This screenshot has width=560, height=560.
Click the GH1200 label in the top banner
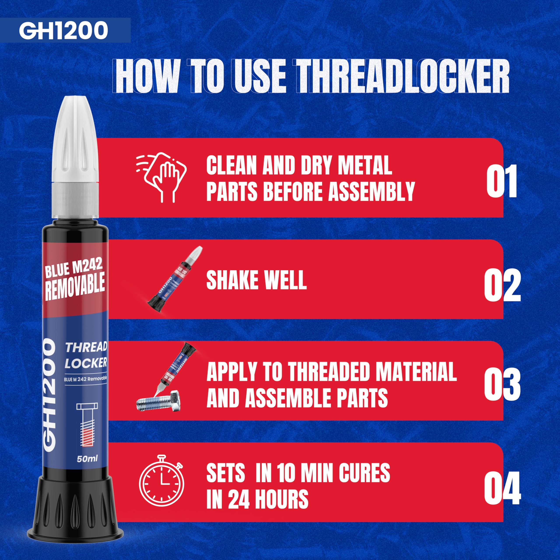pyautogui.click(x=63, y=30)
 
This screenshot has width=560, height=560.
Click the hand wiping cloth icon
pyautogui.click(x=161, y=177)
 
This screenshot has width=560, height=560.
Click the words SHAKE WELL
pyautogui.click(x=256, y=280)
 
